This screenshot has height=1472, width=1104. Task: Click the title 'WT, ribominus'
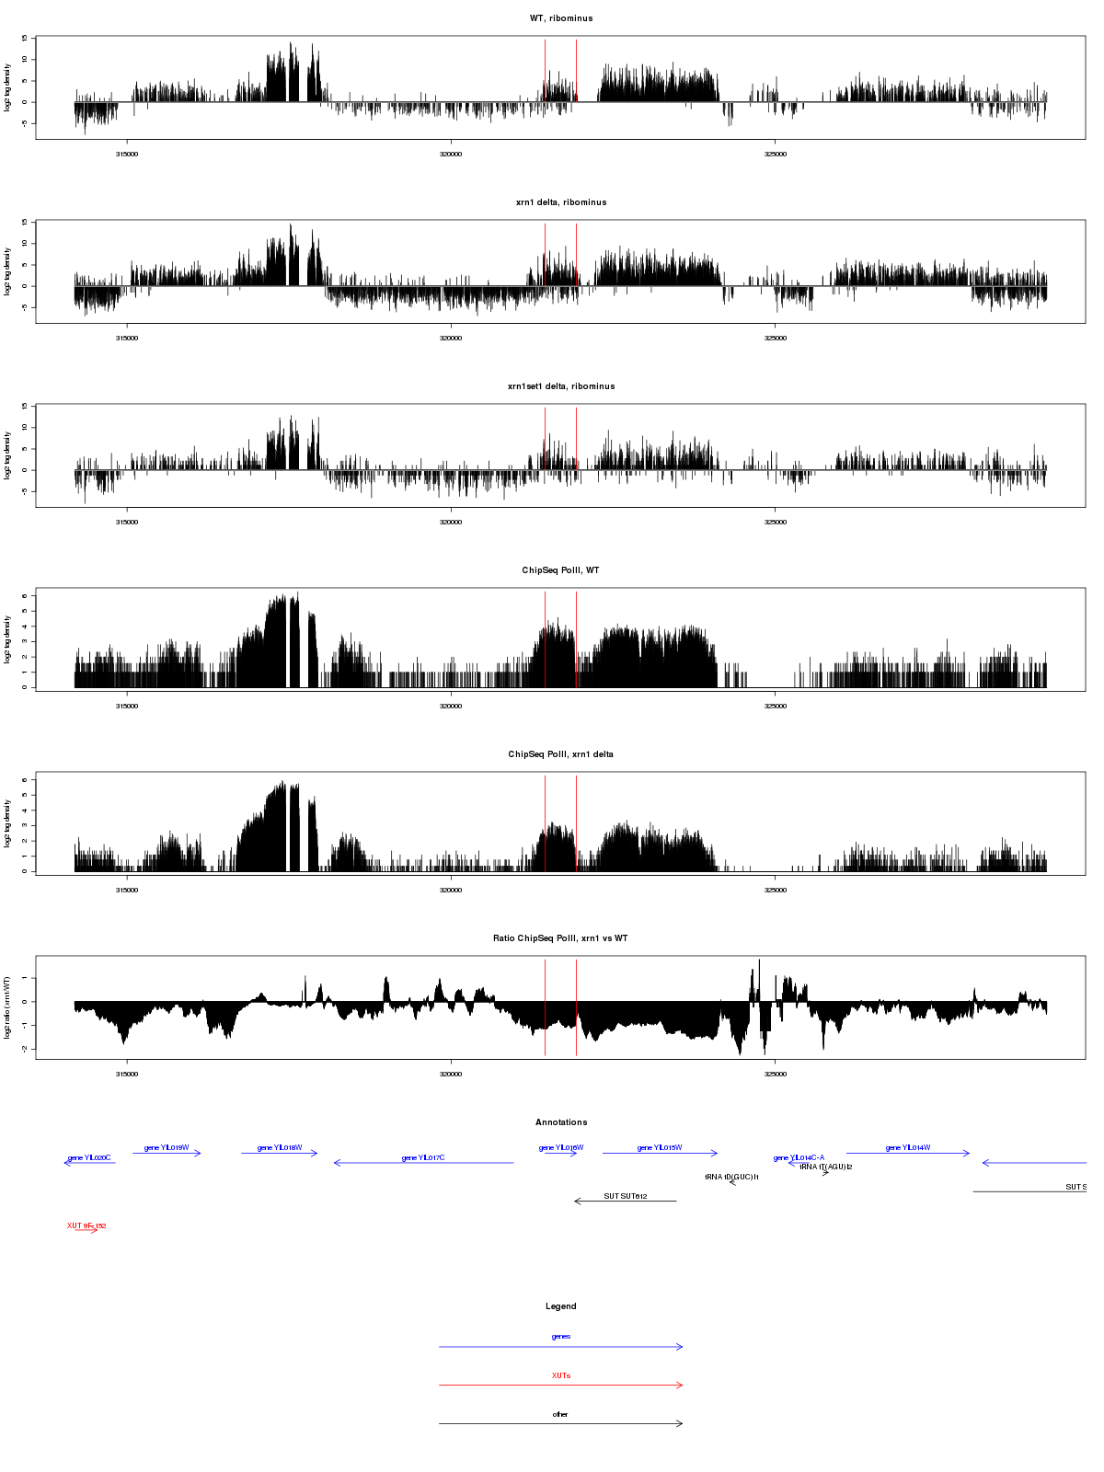pos(561,18)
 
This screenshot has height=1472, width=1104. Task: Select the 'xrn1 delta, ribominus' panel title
pos(561,202)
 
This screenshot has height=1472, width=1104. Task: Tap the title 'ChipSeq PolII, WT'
pos(560,570)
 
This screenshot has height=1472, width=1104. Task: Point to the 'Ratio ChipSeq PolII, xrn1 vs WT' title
pos(560,938)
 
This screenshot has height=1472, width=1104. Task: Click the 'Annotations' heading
pos(561,1122)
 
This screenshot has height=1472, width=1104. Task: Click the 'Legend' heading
pos(561,1306)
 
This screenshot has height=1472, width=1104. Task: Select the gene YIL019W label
pos(167,1148)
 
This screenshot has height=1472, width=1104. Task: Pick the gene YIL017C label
pos(423,1157)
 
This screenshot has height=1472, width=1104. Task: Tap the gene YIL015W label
pos(660,1148)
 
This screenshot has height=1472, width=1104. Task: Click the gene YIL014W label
pos(908,1148)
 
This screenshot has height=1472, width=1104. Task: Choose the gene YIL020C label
pos(89,1157)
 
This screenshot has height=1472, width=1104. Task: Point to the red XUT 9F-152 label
pos(86,1225)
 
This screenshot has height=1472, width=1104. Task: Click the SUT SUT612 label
pos(626,1196)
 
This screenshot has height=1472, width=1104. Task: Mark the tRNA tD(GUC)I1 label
pos(731,1177)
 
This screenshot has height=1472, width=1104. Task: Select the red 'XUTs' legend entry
pos(561,1375)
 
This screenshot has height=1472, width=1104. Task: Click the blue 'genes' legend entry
pos(561,1337)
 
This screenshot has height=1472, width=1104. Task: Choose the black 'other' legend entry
pos(560,1414)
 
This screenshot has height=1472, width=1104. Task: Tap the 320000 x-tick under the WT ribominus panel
pos(451,155)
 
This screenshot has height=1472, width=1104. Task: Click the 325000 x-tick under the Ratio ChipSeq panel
pos(776,1075)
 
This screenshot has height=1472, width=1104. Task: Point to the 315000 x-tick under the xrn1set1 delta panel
pos(127,523)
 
